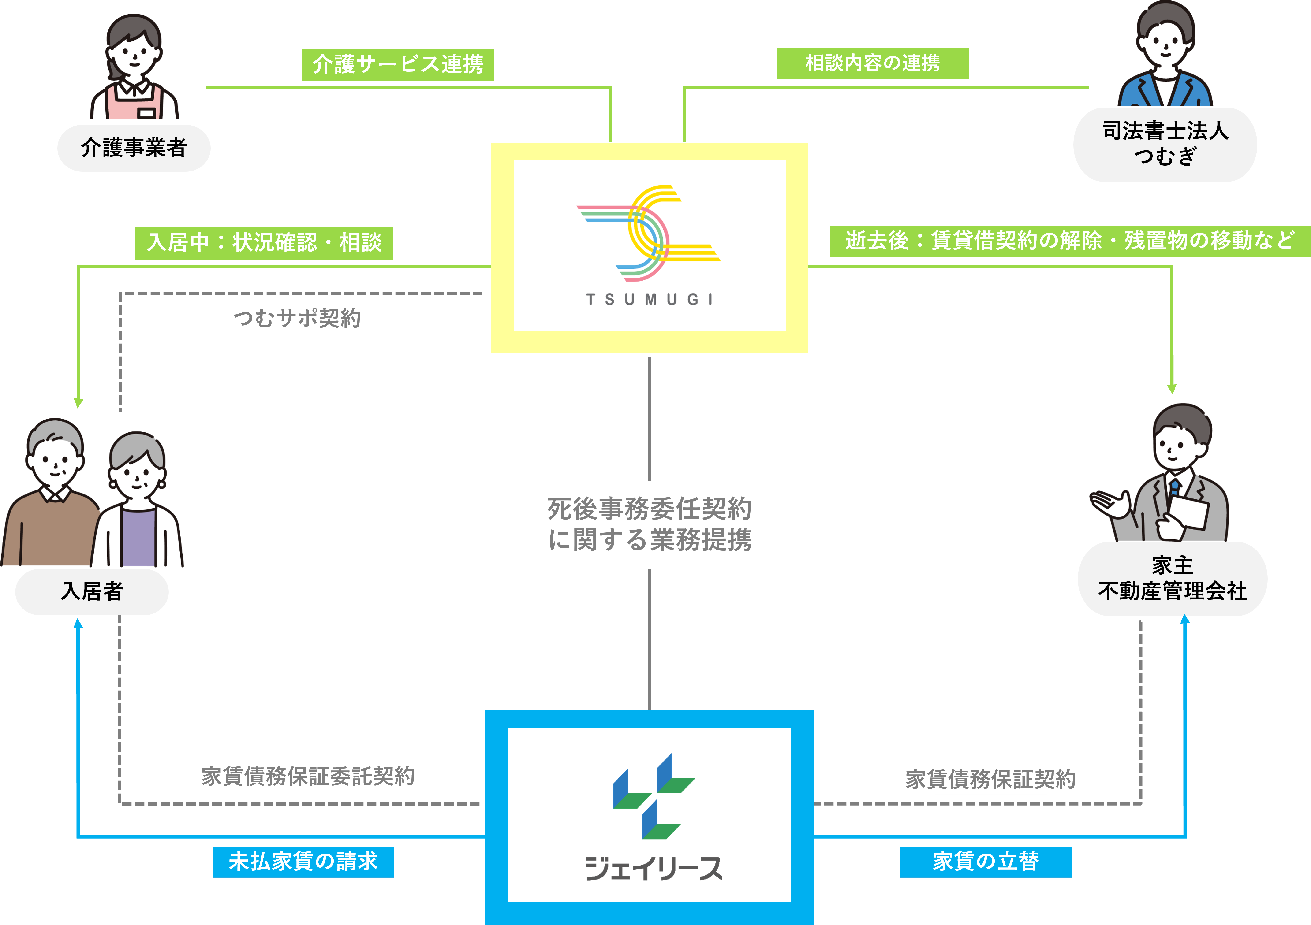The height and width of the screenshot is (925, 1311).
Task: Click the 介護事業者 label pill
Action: click(134, 148)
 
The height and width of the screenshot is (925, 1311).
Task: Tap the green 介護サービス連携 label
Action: click(398, 64)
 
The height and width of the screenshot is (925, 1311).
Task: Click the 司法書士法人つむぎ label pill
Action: click(1165, 144)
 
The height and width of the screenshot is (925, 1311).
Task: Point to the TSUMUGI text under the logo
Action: click(649, 300)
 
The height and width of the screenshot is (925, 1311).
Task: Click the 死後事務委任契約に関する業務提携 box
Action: click(649, 524)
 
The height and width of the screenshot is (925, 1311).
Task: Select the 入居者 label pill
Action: click(92, 591)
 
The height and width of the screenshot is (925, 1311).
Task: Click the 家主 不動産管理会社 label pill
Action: click(1172, 578)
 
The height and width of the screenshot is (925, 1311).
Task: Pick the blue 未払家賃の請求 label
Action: click(303, 862)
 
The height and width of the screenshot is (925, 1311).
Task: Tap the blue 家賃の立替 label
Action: click(986, 862)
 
